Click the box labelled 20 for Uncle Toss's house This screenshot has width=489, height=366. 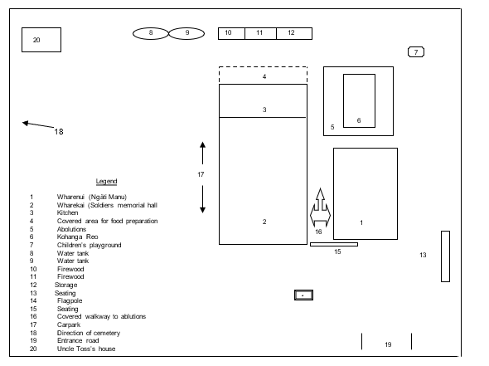[41, 40]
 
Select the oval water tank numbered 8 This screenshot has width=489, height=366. [151, 33]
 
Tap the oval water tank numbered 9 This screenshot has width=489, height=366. [187, 33]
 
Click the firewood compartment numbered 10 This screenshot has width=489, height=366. [229, 33]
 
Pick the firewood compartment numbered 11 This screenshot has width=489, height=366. [259, 33]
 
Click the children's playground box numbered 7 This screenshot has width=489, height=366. [416, 52]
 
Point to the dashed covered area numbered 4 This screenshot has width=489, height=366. [264, 76]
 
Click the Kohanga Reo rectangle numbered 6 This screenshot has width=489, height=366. [359, 100]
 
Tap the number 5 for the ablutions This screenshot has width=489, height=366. [332, 127]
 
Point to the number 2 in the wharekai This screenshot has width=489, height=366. [264, 222]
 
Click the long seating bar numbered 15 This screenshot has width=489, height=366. [334, 244]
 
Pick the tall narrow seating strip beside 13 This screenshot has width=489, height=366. [444, 256]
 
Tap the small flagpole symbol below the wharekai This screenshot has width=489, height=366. [304, 295]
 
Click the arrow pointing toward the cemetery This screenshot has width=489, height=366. [37, 125]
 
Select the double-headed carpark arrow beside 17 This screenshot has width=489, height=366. [203, 177]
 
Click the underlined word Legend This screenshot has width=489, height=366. [106, 181]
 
